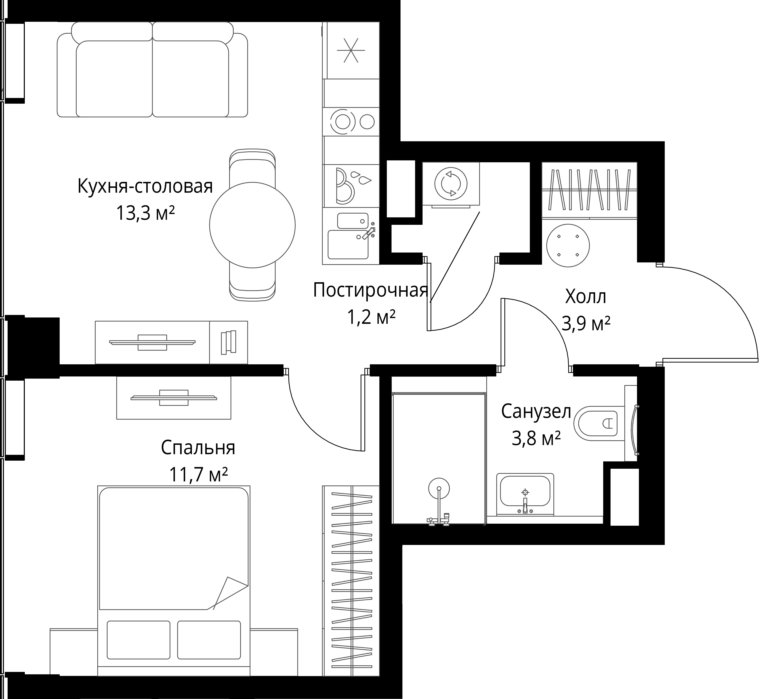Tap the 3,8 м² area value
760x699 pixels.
[x=536, y=439]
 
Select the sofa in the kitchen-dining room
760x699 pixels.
[x=153, y=70]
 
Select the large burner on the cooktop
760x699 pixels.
[x=343, y=121]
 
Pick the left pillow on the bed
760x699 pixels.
[x=139, y=639]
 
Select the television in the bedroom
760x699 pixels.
[x=174, y=397]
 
